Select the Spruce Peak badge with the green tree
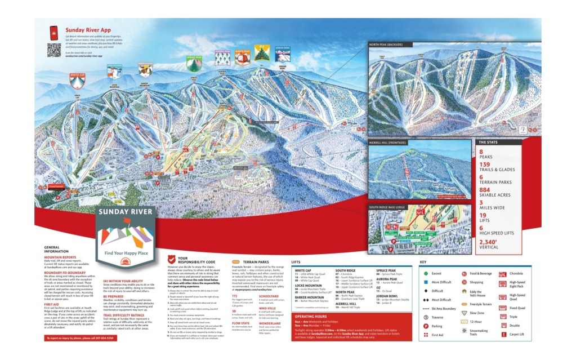pyautogui.click(x=194, y=64)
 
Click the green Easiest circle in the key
pyautogui.click(x=426, y=273)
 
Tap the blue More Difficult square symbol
pyautogui.click(x=426, y=282)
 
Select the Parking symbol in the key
pyautogui.click(x=426, y=326)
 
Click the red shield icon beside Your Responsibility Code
pyautogui.click(x=171, y=260)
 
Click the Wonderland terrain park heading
pyautogui.click(x=269, y=323)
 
